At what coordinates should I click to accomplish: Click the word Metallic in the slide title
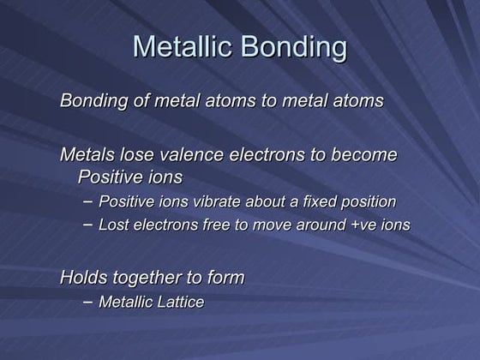click(183, 47)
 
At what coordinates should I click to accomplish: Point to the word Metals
click(88, 155)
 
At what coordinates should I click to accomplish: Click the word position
click(365, 203)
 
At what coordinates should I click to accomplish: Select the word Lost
click(114, 225)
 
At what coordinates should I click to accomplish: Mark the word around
click(316, 225)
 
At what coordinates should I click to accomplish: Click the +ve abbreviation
click(363, 225)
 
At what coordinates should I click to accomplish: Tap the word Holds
click(83, 277)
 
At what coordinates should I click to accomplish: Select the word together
click(148, 278)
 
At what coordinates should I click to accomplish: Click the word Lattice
click(180, 302)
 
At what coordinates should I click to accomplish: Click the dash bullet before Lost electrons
click(89, 225)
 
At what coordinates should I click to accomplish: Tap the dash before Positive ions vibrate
click(89, 201)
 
